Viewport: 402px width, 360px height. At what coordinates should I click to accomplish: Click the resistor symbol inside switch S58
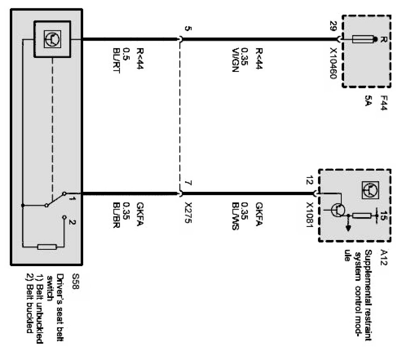tap(46, 246)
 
